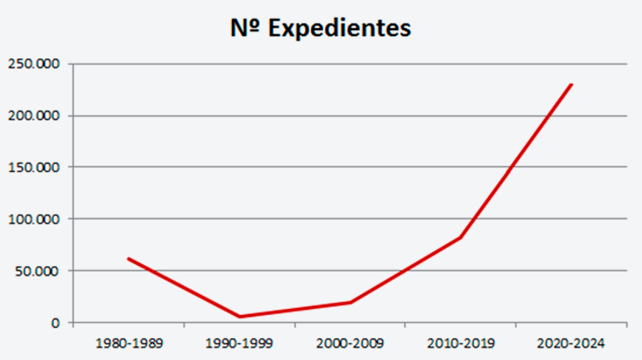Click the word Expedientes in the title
click(339, 29)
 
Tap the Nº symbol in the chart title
click(246, 28)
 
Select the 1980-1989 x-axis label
click(129, 344)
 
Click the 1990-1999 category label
click(240, 344)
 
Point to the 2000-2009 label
click(350, 344)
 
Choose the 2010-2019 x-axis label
click(461, 344)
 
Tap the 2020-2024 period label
click(572, 344)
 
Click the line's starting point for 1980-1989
click(129, 259)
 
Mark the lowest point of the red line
click(240, 316)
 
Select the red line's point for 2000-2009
click(350, 302)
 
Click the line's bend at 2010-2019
click(461, 238)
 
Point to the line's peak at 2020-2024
click(572, 84)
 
